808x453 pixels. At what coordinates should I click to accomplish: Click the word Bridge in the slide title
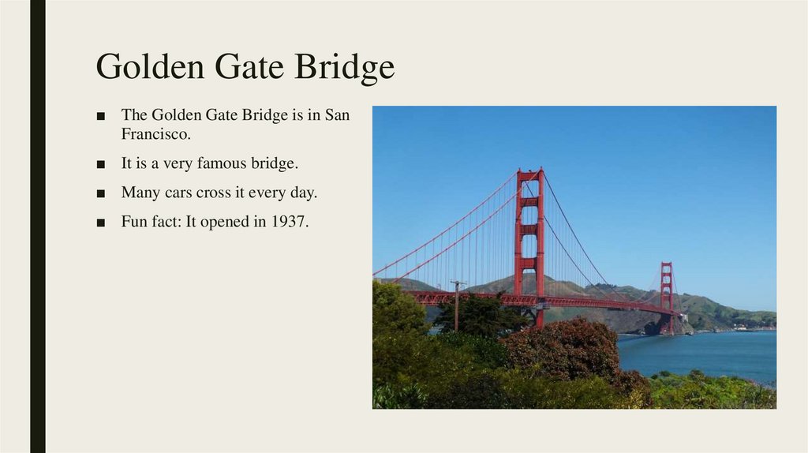(345, 68)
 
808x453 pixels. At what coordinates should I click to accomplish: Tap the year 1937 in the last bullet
(288, 222)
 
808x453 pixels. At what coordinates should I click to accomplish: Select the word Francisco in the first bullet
(155, 133)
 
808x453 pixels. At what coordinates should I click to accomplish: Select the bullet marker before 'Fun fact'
(100, 223)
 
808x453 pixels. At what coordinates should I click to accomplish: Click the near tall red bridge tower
(529, 237)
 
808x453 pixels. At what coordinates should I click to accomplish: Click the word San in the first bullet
(336, 115)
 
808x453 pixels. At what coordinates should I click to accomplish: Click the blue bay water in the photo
(710, 351)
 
